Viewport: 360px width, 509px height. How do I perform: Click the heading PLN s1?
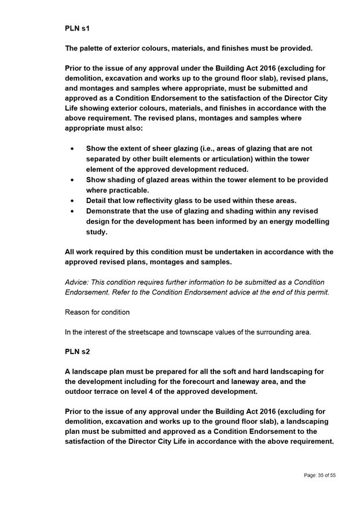coord(78,27)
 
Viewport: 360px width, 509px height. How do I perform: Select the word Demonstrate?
coord(112,211)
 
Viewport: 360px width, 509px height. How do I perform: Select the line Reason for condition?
coord(97,312)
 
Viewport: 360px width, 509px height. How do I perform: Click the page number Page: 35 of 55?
coord(319,475)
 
